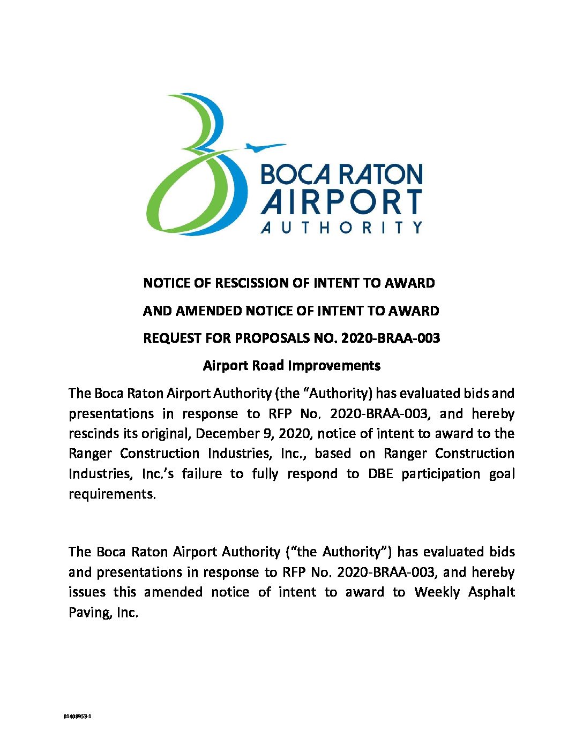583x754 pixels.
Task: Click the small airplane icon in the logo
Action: click(264, 146)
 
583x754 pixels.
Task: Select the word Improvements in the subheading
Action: click(334, 366)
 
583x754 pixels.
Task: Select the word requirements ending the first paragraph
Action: click(112, 494)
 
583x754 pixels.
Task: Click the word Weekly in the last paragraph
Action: click(437, 592)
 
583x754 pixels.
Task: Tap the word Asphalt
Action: click(491, 592)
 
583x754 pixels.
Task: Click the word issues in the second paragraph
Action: click(86, 592)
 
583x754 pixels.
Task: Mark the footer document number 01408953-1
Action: click(78, 716)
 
